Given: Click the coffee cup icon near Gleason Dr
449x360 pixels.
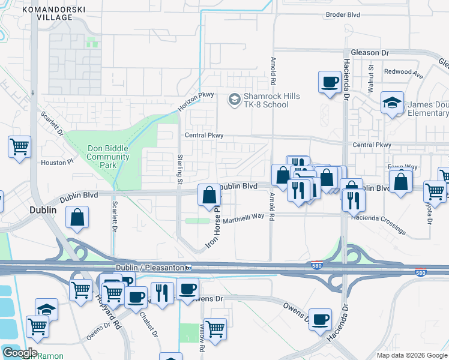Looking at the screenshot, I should click(330, 82).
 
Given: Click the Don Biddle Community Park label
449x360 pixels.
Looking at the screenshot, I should click(108, 157).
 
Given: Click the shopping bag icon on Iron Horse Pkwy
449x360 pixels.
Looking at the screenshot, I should click(209, 195).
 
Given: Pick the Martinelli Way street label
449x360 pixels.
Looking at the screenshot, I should click(244, 219).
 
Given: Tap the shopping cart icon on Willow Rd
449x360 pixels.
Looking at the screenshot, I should click(215, 328).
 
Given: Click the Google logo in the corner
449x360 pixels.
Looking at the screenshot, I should click(20, 353).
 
